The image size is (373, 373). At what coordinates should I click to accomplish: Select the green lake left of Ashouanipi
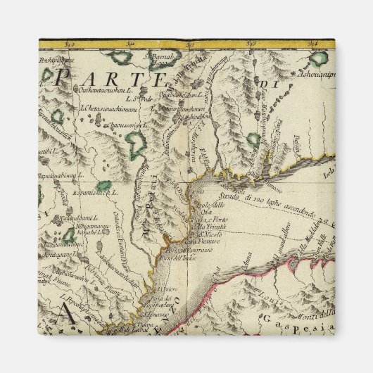(320, 58)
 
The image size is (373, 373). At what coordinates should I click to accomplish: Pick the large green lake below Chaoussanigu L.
(136, 146)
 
